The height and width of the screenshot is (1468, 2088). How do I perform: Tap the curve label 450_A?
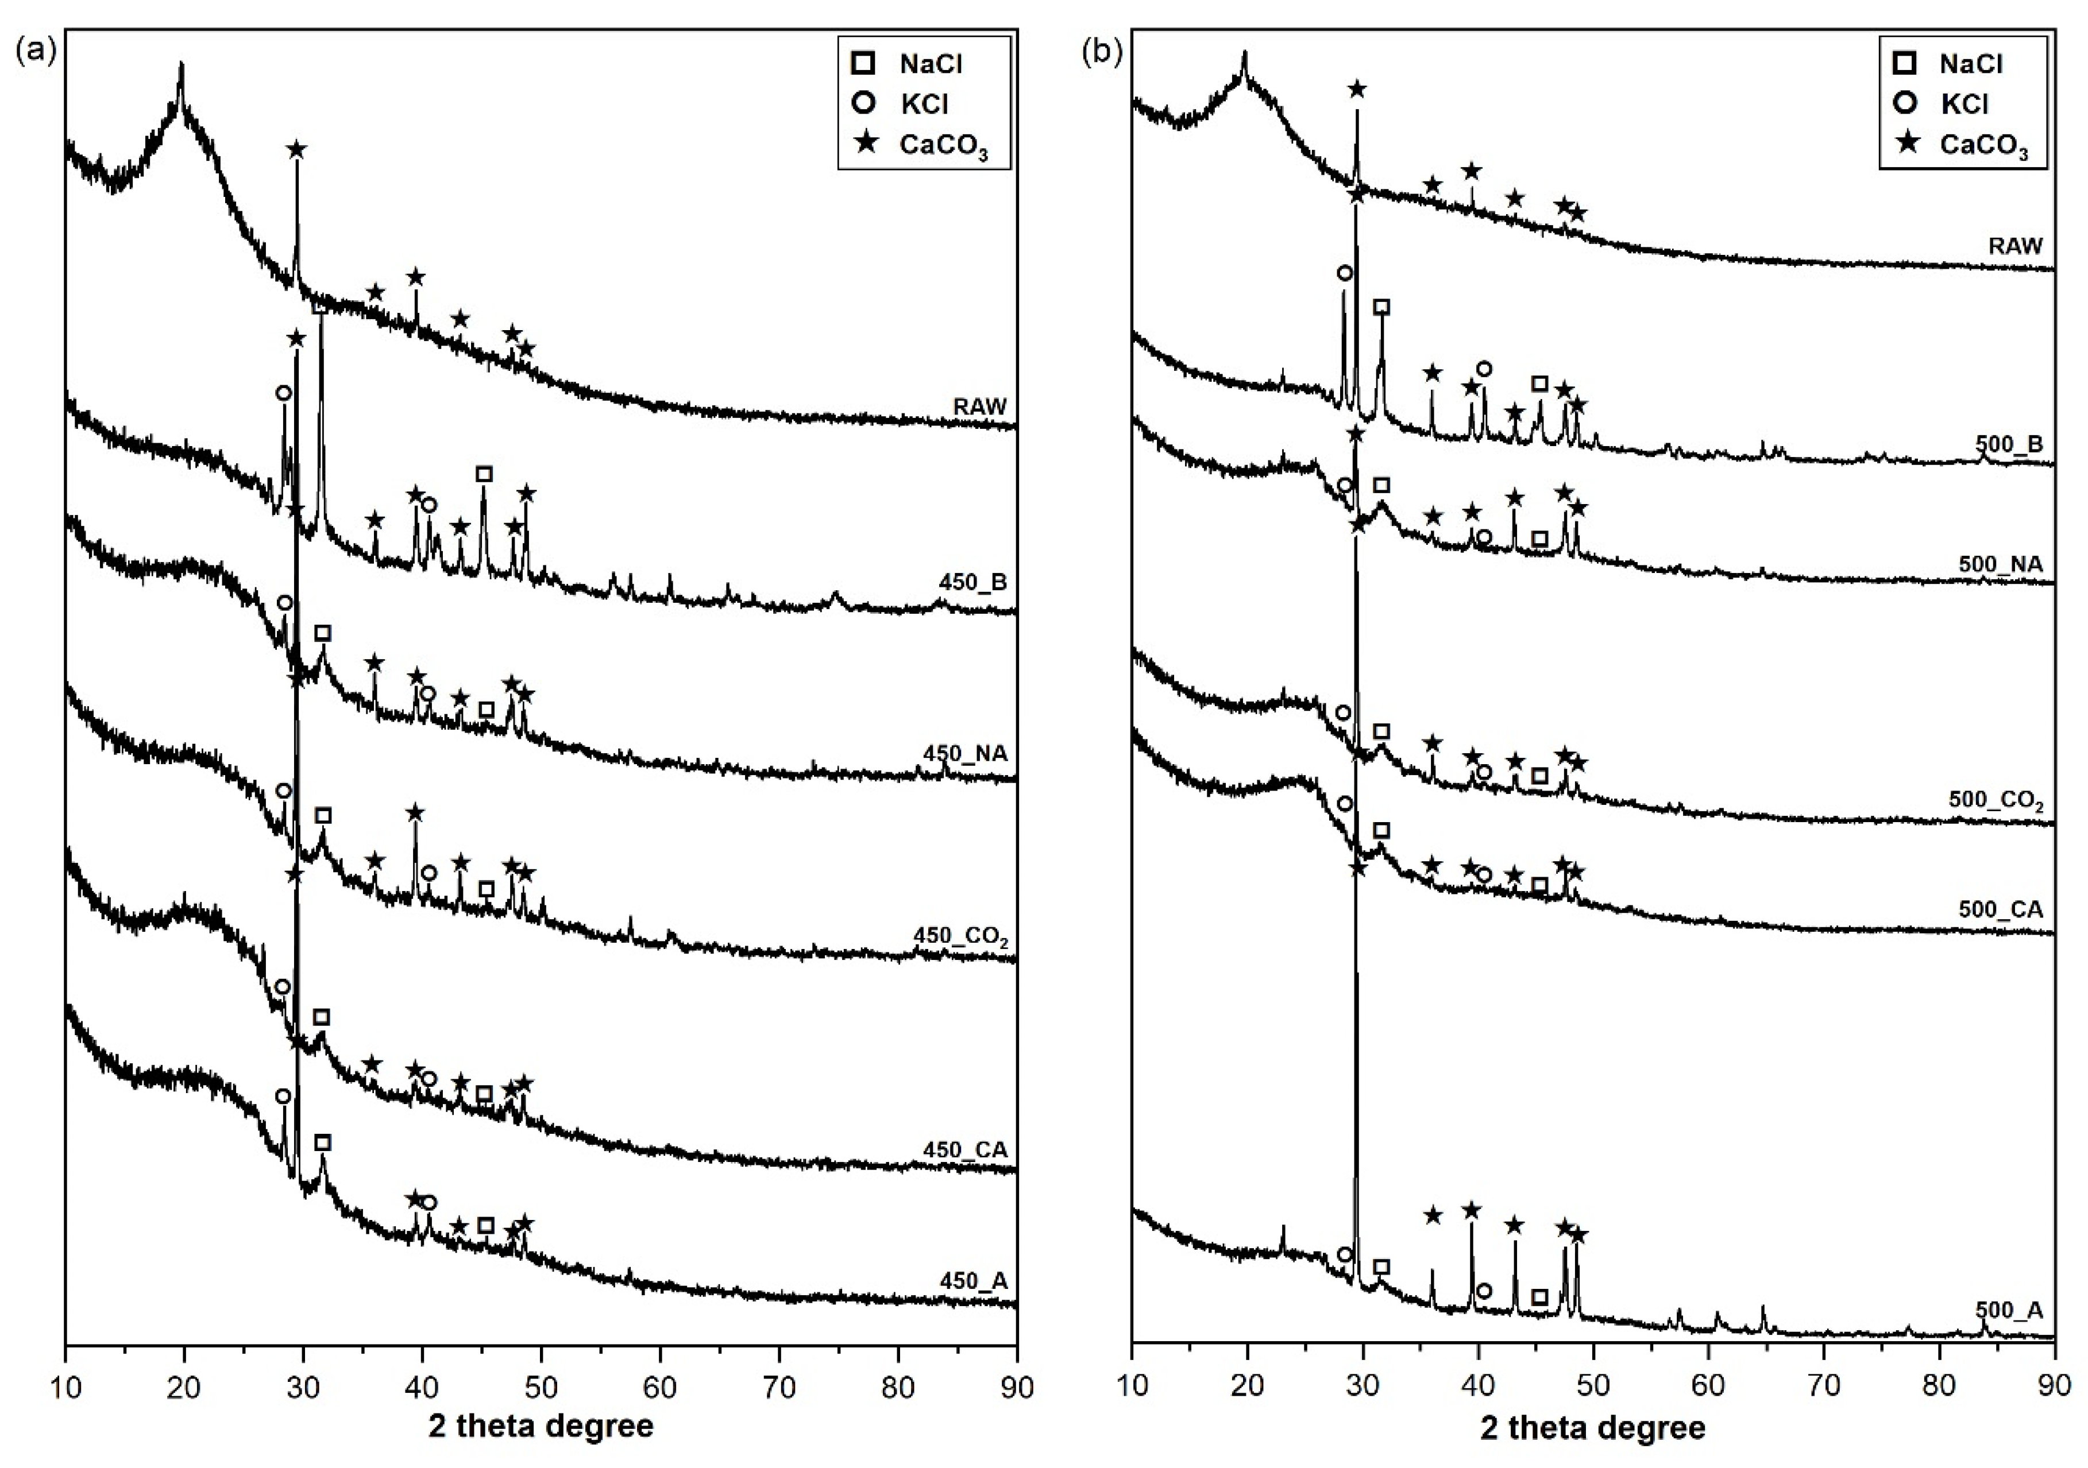pyautogui.click(x=973, y=1281)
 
